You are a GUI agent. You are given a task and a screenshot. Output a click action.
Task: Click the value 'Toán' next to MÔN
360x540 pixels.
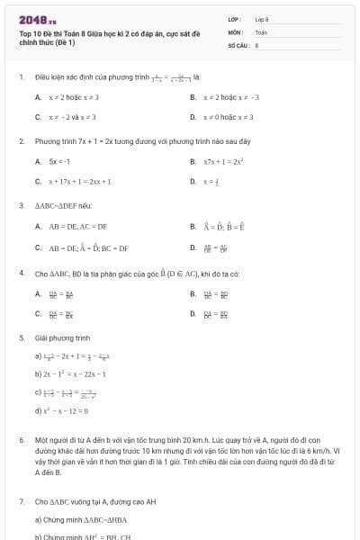(x=261, y=31)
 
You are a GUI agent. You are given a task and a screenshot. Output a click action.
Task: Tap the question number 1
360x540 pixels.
(x=21, y=77)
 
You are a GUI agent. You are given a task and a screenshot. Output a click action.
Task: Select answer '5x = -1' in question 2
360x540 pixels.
(x=59, y=161)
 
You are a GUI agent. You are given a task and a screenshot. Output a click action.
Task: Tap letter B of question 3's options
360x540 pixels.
(x=193, y=227)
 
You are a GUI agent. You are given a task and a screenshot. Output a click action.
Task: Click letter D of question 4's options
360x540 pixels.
(x=193, y=313)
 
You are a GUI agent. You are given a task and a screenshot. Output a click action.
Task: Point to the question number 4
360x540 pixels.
(x=21, y=272)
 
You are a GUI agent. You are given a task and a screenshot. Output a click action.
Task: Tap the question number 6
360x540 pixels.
(x=21, y=440)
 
